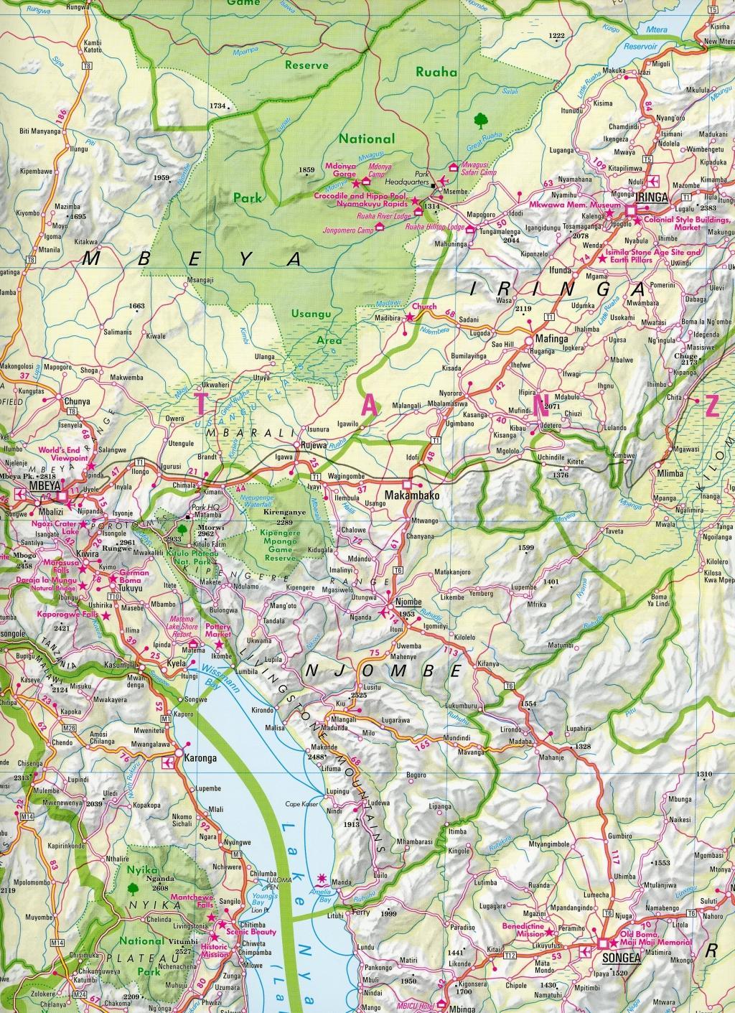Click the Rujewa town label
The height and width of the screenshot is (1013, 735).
click(x=314, y=444)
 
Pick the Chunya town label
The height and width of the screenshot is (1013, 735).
click(x=78, y=402)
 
